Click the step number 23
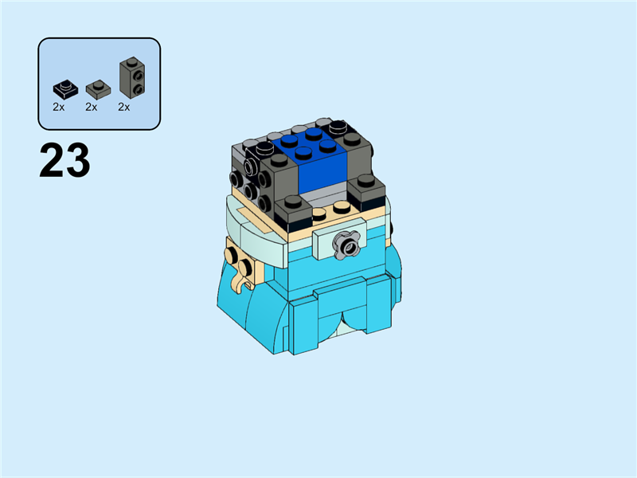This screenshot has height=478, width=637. [64, 162]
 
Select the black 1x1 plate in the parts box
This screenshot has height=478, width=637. [63, 88]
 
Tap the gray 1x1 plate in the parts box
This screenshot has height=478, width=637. [96, 87]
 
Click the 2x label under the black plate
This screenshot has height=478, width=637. [59, 107]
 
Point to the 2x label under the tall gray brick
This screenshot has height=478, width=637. [124, 107]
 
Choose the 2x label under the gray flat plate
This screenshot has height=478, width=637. [92, 107]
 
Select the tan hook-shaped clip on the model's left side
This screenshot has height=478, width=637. [238, 280]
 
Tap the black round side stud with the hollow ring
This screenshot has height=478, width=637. [252, 167]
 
